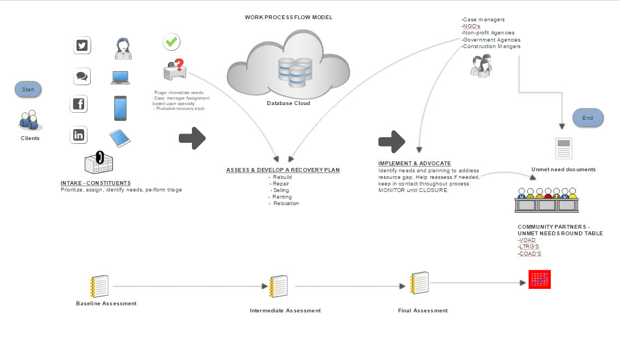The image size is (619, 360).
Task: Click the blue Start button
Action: point(28,89)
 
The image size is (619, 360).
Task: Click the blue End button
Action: point(587,118)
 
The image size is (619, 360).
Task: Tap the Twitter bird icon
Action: point(82,45)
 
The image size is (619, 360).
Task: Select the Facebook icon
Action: point(79,103)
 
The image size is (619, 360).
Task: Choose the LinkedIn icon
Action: point(79,135)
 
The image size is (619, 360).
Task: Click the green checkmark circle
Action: point(172,42)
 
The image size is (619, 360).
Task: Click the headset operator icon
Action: point(121,48)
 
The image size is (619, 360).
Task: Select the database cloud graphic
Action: point(288,63)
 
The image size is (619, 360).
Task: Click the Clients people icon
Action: point(29,120)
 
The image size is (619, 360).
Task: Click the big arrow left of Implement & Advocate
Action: point(392,142)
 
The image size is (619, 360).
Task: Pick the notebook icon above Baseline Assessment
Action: point(100,286)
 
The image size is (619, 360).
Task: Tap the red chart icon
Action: point(539,280)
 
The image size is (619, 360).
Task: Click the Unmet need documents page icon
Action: point(563,149)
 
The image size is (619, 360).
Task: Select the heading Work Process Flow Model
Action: point(288,18)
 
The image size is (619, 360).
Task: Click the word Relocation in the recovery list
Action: point(286,204)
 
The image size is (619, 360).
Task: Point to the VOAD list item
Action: point(528,240)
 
